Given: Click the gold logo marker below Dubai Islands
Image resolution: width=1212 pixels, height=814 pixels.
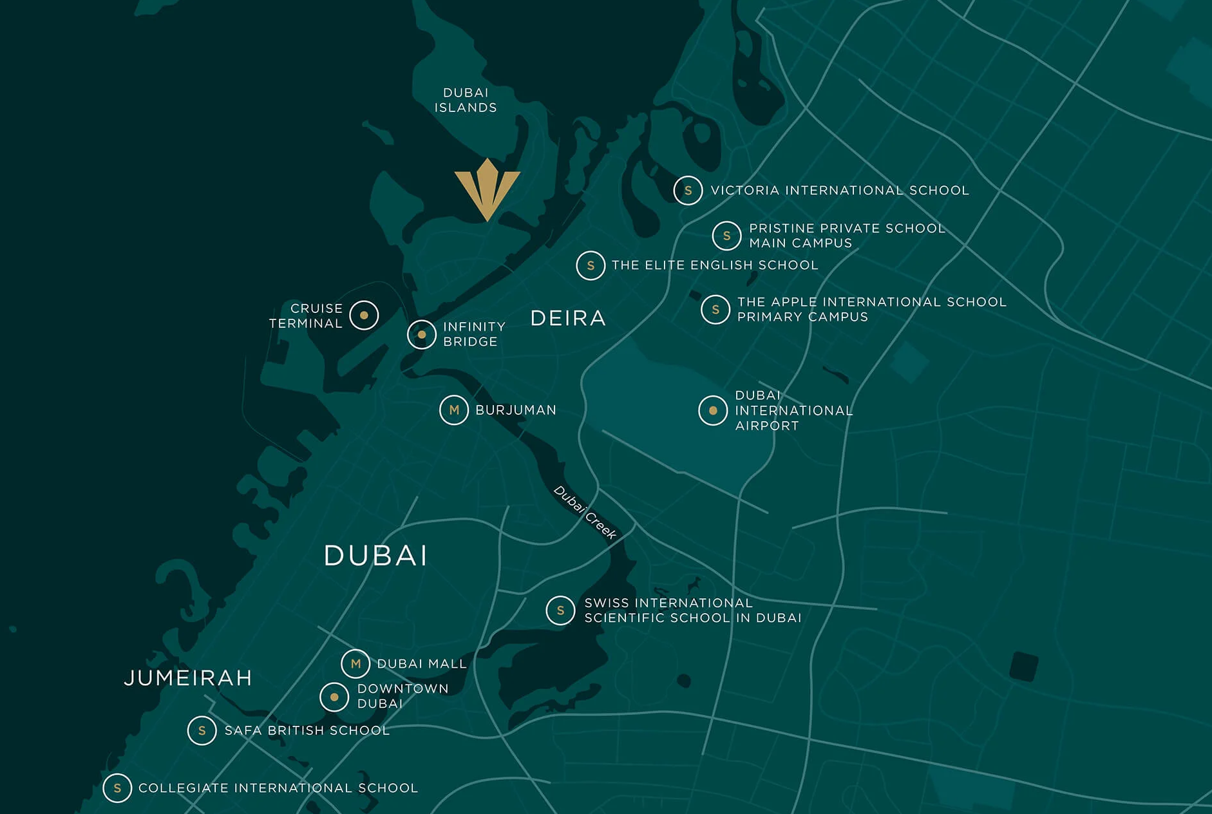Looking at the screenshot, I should [488, 189].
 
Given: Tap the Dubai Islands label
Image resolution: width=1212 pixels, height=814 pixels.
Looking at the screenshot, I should [465, 100].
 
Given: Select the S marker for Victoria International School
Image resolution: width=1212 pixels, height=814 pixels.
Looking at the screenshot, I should [688, 191].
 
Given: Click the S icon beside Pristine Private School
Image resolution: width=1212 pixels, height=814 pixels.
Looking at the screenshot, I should [726, 236].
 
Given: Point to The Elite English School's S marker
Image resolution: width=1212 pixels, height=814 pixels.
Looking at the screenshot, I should [591, 265].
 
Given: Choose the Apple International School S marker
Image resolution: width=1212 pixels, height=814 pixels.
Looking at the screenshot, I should [715, 310].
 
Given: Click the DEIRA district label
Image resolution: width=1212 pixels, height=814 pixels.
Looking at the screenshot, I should [568, 318].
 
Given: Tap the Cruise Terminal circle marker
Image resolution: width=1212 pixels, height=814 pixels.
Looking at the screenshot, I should [364, 316].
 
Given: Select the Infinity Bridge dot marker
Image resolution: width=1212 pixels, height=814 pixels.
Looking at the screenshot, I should [422, 335].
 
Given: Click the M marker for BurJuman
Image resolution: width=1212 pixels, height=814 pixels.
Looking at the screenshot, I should [454, 410].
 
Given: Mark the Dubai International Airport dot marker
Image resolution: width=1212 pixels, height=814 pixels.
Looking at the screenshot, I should [713, 411].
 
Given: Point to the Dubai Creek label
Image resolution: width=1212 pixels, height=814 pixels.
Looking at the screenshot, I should [585, 513].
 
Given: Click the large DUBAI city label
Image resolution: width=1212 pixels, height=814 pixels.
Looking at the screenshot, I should [375, 556].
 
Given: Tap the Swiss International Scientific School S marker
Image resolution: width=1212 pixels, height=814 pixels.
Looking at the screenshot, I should [560, 610].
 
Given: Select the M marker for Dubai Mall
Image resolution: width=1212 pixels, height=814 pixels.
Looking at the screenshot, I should [355, 664].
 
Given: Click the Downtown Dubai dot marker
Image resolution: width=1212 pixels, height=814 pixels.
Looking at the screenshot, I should [334, 697].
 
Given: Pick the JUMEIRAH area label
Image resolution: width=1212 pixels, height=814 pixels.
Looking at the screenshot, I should [188, 678].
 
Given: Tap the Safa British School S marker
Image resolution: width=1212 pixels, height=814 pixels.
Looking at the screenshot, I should [202, 731].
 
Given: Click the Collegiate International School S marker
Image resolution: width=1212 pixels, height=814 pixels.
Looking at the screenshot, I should [117, 788].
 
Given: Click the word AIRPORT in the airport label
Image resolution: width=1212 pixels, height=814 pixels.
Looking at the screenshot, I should [767, 426].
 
